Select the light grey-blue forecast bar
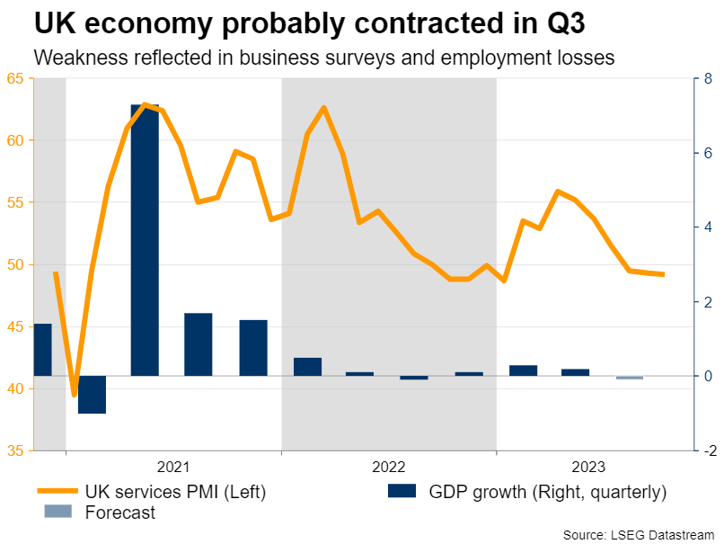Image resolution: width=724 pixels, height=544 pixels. tap(629, 378)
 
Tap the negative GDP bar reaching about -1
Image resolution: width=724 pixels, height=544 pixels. tap(92, 395)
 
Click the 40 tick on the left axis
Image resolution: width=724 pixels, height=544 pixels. tap(15, 388)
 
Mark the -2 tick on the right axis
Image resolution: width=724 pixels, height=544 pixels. tap(708, 450)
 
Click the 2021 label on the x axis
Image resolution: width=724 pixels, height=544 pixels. tap(173, 468)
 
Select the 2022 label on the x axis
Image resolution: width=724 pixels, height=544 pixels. tap(389, 468)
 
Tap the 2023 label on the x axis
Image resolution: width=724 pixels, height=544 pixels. tap(589, 468)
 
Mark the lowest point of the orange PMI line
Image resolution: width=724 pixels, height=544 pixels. tap(75, 395)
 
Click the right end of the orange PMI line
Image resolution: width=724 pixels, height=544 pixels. tap(663, 274)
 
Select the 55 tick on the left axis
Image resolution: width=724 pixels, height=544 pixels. tap(15, 202)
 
